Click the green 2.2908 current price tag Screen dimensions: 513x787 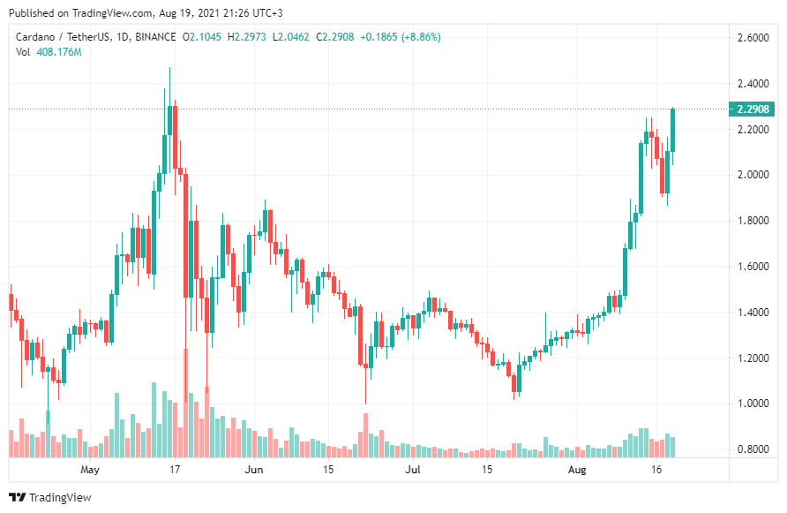pos(753,109)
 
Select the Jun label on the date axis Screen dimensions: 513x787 pos(253,470)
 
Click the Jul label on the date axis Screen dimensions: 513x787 pos(412,470)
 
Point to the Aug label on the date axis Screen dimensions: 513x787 pos(576,470)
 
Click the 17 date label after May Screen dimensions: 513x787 pos(175,470)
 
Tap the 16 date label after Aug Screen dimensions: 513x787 pos(657,470)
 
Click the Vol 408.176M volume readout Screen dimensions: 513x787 pos(49,52)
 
